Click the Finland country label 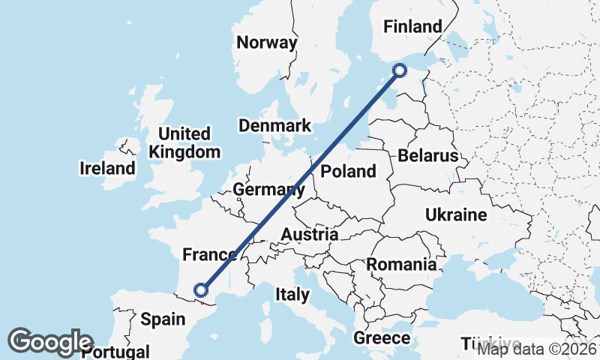click(412, 27)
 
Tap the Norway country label click(266, 42)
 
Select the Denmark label click(275, 125)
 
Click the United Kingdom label click(184, 142)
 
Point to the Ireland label click(107, 168)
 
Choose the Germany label click(268, 190)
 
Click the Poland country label click(348, 171)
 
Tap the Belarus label click(427, 156)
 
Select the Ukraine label click(456, 215)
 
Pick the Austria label click(309, 235)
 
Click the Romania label click(401, 264)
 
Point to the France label click(210, 255)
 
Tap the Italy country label click(292, 294)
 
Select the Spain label click(163, 319)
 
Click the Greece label click(382, 338)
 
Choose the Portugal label click(116, 352)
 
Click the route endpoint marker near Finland click(400, 70)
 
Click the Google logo click(50, 342)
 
